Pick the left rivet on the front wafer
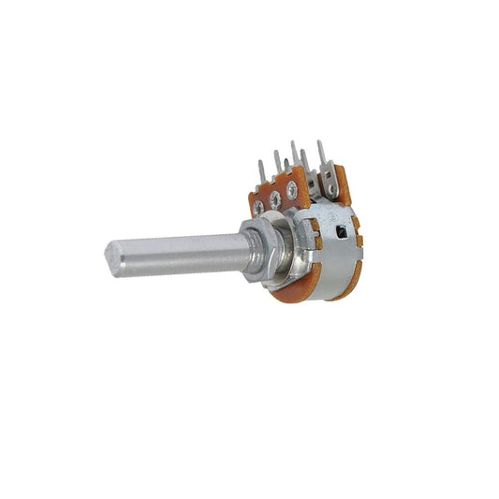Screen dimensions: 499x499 [x=258, y=204]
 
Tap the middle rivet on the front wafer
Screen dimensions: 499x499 [x=275, y=198]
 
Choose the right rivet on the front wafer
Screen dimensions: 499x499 [x=292, y=191]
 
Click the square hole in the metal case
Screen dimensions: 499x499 [x=338, y=229]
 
